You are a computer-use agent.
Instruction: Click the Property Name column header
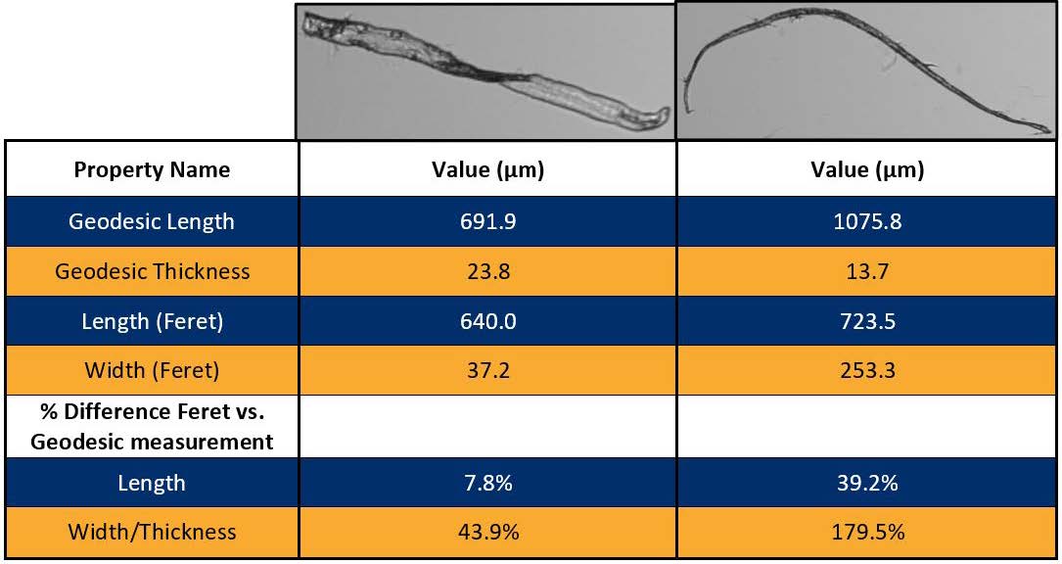[x=152, y=170]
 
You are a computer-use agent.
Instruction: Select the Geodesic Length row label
[x=152, y=221]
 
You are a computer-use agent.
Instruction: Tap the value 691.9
[x=487, y=221]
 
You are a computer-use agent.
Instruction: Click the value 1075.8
[x=867, y=221]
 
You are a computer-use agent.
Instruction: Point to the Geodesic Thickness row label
[x=152, y=271]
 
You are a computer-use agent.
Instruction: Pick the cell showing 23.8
[x=487, y=271]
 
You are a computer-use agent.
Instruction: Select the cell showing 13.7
[x=867, y=271]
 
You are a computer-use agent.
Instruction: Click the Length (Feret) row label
[x=152, y=321]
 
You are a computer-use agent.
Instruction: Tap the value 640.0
[x=487, y=321]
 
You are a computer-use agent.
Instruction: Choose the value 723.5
[x=867, y=321]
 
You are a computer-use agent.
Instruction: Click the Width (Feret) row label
[x=152, y=371]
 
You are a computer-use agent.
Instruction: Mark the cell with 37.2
[x=487, y=371]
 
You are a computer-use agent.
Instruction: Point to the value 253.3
[x=867, y=371]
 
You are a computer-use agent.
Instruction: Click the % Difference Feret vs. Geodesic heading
[x=152, y=427]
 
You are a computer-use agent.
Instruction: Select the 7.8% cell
[x=487, y=483]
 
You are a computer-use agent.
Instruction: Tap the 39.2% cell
[x=867, y=483]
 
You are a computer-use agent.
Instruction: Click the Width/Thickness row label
[x=152, y=532]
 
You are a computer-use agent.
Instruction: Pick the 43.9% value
[x=487, y=532]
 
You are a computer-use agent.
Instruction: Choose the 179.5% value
[x=867, y=532]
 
